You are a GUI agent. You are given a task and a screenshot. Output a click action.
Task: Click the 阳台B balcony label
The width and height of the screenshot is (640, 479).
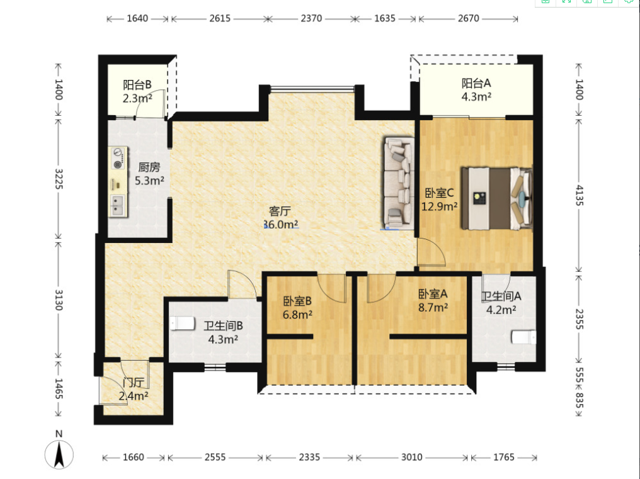[137, 85]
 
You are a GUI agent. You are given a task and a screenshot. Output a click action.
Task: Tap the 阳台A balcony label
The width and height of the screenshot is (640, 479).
[476, 84]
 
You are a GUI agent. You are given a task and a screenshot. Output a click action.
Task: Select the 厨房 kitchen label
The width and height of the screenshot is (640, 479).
[149, 167]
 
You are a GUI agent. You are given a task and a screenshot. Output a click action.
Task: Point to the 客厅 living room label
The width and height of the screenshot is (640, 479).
[280, 211]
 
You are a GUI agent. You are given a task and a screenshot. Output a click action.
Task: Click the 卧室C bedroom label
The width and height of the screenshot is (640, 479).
[439, 193]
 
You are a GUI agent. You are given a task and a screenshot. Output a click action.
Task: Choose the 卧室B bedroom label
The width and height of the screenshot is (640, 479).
[297, 301]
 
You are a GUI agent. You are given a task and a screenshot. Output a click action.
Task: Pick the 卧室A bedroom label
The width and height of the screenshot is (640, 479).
[433, 294]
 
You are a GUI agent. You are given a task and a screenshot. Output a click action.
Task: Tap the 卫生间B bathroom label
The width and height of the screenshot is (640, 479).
[223, 326]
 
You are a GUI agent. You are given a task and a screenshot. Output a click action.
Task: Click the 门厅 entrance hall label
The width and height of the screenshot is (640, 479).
[134, 383]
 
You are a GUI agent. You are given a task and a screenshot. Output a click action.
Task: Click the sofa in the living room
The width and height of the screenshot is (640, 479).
[399, 183]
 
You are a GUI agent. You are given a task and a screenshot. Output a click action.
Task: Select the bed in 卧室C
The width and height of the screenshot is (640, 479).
[497, 198]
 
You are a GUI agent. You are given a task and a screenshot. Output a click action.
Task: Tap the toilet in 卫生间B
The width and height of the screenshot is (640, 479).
[183, 323]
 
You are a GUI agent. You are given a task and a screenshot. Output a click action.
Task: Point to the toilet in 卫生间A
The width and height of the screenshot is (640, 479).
[523, 337]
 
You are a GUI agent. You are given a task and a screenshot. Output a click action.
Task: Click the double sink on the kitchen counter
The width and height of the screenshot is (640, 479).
[117, 206]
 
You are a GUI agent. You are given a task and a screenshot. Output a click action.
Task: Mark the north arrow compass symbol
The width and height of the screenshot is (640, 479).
[59, 454]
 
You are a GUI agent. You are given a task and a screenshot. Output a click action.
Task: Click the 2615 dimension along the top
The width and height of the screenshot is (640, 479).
[220, 18]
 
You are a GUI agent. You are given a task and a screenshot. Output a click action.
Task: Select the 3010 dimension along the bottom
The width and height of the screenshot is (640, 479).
[411, 457]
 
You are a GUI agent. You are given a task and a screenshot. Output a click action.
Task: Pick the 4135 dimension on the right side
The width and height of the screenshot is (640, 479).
[580, 195]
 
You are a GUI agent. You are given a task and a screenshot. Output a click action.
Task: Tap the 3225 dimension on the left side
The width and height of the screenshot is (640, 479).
[59, 179]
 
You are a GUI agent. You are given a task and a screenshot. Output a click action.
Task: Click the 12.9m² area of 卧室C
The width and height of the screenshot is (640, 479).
[439, 206]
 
